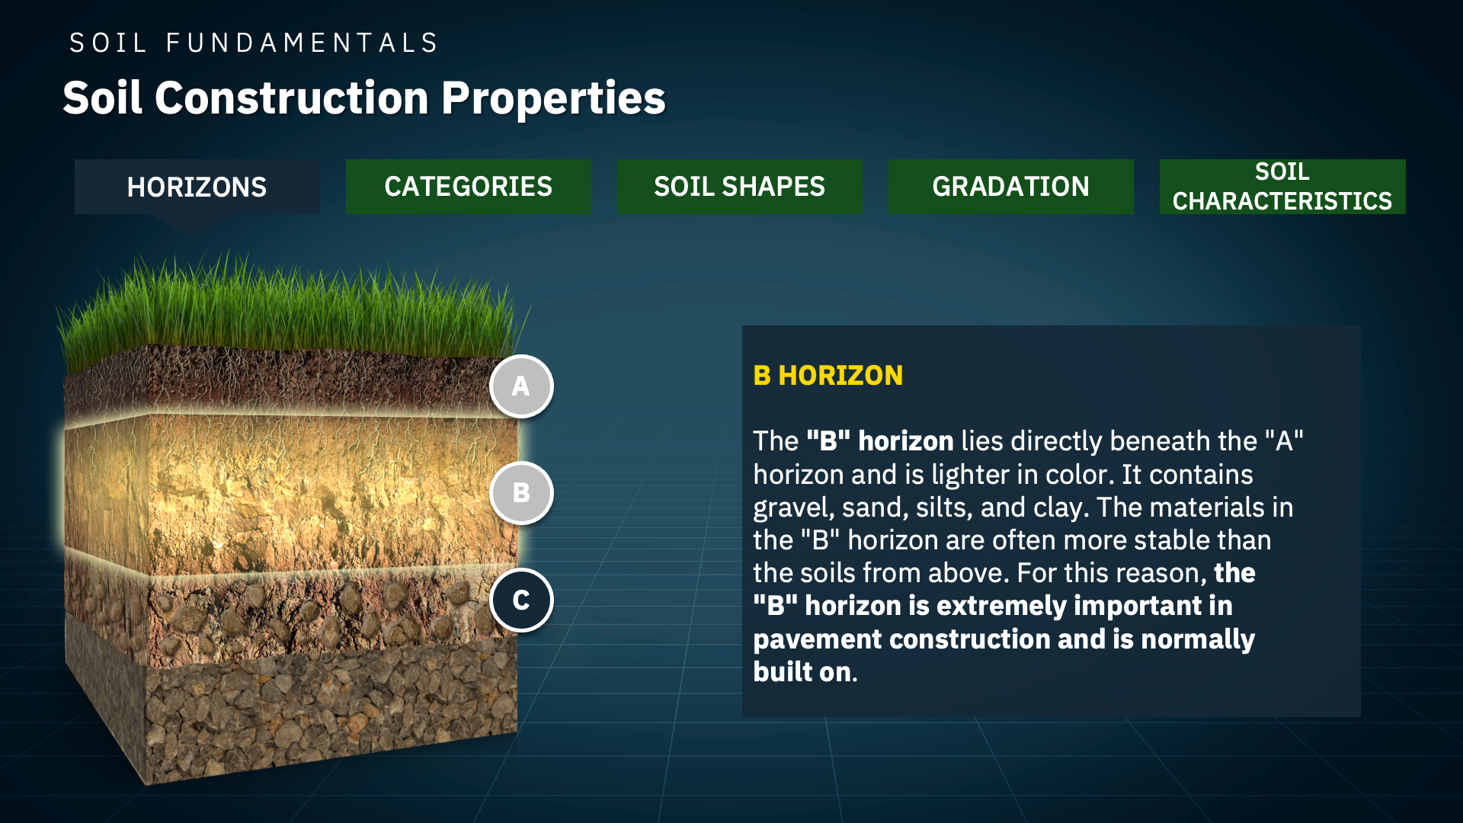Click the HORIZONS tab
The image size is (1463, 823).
coord(197,187)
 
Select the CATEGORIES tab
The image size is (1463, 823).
coord(468,187)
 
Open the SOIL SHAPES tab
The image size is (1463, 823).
coord(739,187)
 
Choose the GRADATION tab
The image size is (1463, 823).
coord(1010,187)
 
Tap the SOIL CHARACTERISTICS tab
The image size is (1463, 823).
coord(1282,187)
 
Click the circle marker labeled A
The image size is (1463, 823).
coord(521,386)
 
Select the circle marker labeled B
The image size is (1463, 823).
coord(521,493)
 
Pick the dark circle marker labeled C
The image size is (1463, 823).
coord(521,600)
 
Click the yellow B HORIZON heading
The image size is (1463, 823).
coord(828,376)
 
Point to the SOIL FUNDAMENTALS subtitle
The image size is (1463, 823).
coord(254,43)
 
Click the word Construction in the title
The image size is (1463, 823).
coord(292,98)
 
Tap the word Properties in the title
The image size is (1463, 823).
coord(553,98)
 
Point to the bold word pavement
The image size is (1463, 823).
coord(817,639)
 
